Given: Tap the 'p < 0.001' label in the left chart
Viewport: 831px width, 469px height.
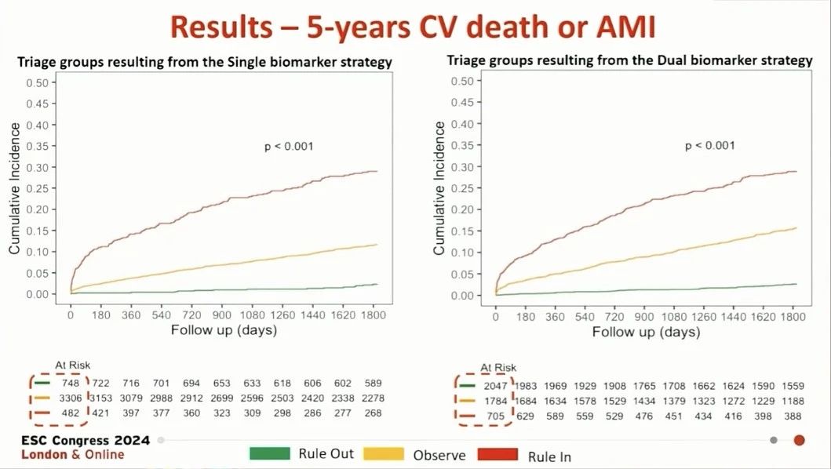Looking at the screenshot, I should click(288, 145).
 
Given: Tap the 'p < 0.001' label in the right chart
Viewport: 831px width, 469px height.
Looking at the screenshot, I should click(710, 145).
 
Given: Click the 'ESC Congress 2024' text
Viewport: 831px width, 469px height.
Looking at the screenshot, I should click(75, 440).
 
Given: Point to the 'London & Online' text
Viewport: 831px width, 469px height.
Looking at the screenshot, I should click(72, 455).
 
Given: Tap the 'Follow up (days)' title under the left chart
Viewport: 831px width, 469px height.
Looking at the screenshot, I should click(224, 330).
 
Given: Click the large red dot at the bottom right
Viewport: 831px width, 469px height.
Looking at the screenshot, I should click(799, 440).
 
